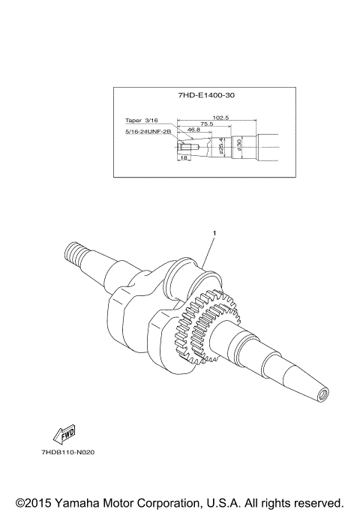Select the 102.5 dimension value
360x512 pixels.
[220, 117]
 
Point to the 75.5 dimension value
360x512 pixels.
[208, 124]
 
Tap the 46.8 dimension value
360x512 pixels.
[194, 130]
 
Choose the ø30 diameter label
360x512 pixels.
[239, 145]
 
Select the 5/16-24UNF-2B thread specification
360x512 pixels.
[148, 132]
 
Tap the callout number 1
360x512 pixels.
[214, 233]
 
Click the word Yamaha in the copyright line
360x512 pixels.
[88, 502]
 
